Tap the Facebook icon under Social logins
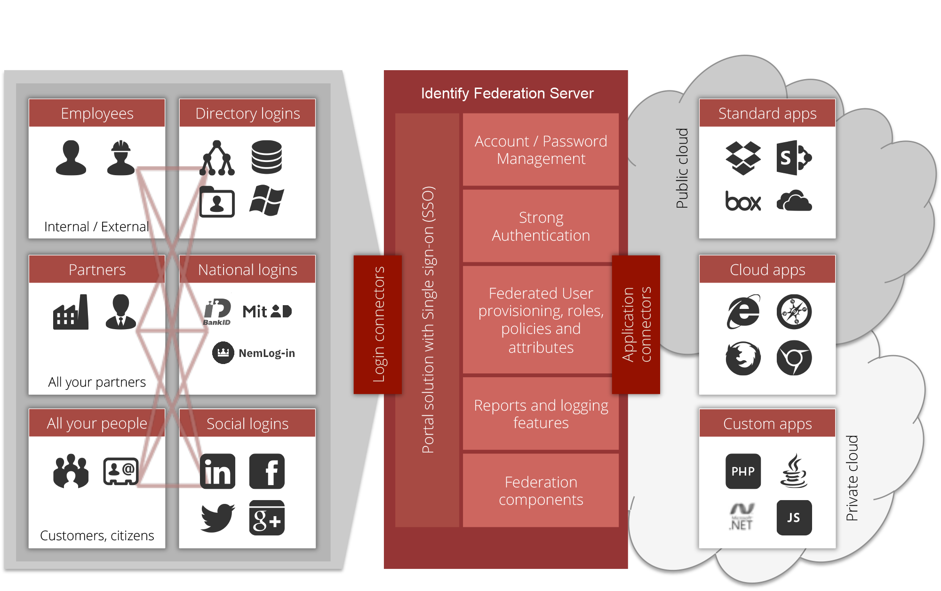pos(267,471)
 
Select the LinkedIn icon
pos(217,471)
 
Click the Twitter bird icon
pos(217,518)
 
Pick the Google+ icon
pos(267,518)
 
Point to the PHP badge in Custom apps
pos(743,471)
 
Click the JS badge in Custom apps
pos(794,518)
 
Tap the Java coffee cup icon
pos(794,471)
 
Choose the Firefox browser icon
pos(743,358)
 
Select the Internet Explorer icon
pos(743,312)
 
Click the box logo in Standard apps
pos(743,202)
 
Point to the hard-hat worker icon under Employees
pos(121,158)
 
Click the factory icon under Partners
pos(71,313)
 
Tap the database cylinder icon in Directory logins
pos(267,157)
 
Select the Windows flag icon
pos(267,201)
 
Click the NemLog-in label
pos(266,353)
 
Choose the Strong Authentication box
pos(541,227)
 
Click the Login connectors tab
pos(378,324)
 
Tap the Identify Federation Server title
pos(507,93)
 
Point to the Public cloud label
pos(682,168)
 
